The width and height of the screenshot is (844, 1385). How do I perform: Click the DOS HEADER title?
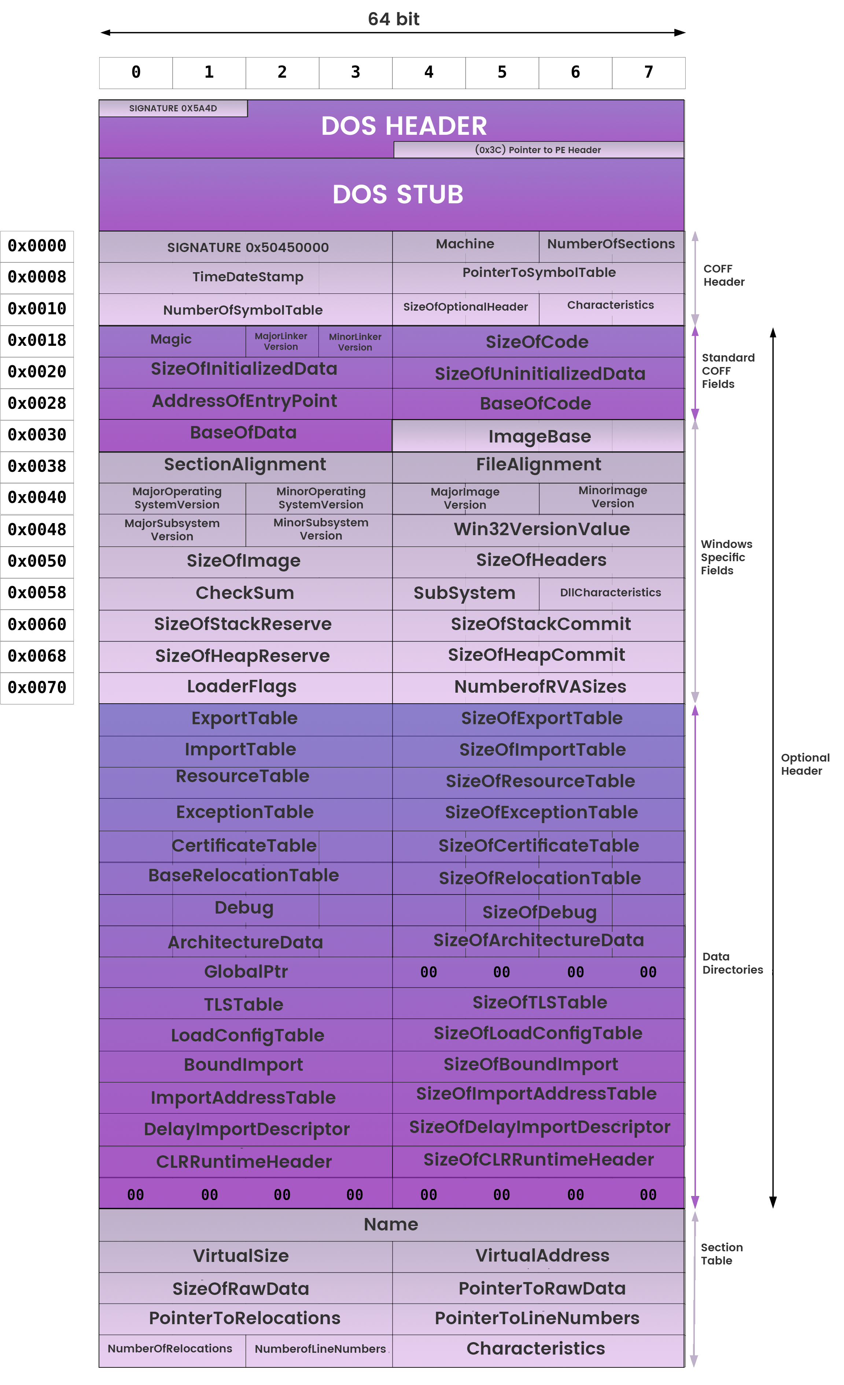click(404, 126)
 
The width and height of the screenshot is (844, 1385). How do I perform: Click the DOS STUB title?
click(398, 195)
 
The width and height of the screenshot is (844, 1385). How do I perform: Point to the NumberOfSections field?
click(611, 244)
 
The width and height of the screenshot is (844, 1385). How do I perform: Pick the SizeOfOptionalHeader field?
click(465, 307)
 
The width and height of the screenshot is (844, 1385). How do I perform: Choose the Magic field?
click(171, 340)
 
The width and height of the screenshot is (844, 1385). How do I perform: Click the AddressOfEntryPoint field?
click(244, 401)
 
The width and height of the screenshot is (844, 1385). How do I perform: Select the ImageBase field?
click(539, 437)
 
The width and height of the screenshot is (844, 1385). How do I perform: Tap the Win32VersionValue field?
click(542, 529)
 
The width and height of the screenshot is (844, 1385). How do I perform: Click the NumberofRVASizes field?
click(540, 687)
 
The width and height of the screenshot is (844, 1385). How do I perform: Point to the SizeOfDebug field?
click(539, 912)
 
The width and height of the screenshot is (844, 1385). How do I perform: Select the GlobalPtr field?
click(246, 972)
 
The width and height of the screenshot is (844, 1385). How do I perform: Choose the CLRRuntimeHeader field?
click(244, 1162)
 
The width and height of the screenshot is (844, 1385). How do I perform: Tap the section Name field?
click(391, 1225)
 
